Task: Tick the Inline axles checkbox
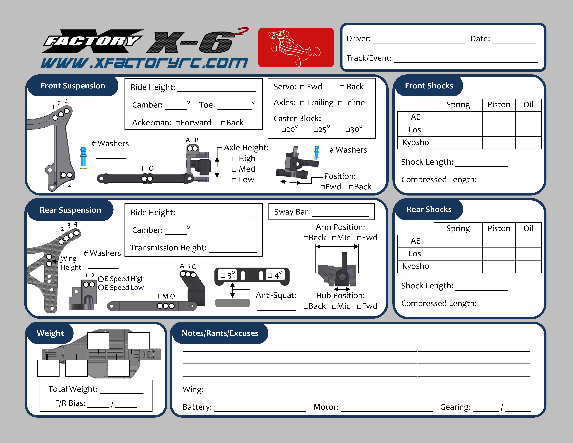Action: click(340, 103)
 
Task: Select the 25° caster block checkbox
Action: click(316, 130)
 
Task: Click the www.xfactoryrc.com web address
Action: click(144, 63)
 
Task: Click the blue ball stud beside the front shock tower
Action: click(83, 157)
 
